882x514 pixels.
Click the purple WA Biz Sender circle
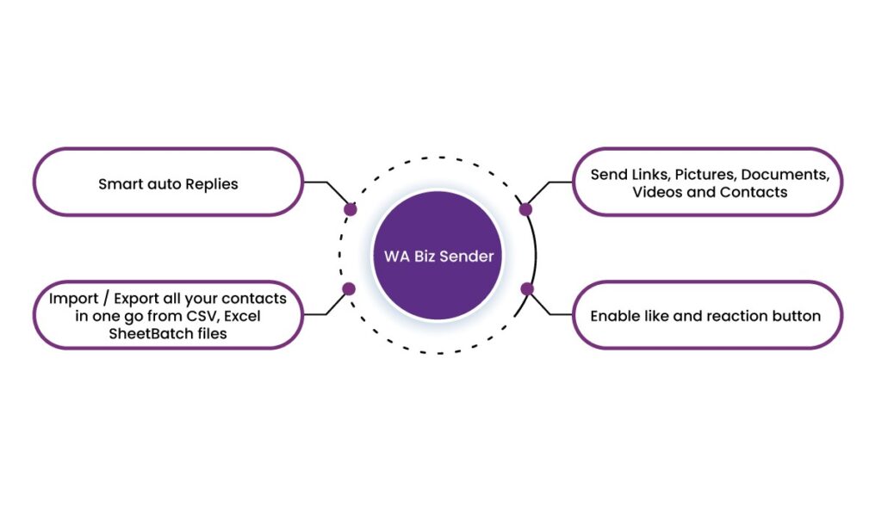click(439, 257)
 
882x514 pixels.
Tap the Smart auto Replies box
click(168, 182)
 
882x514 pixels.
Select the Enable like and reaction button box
click(706, 315)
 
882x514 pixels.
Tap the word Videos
click(657, 192)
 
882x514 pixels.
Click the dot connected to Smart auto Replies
click(350, 209)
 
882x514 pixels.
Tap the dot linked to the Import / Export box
click(349, 289)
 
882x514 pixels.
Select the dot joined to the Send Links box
click(526, 209)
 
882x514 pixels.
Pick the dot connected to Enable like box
click(527, 288)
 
